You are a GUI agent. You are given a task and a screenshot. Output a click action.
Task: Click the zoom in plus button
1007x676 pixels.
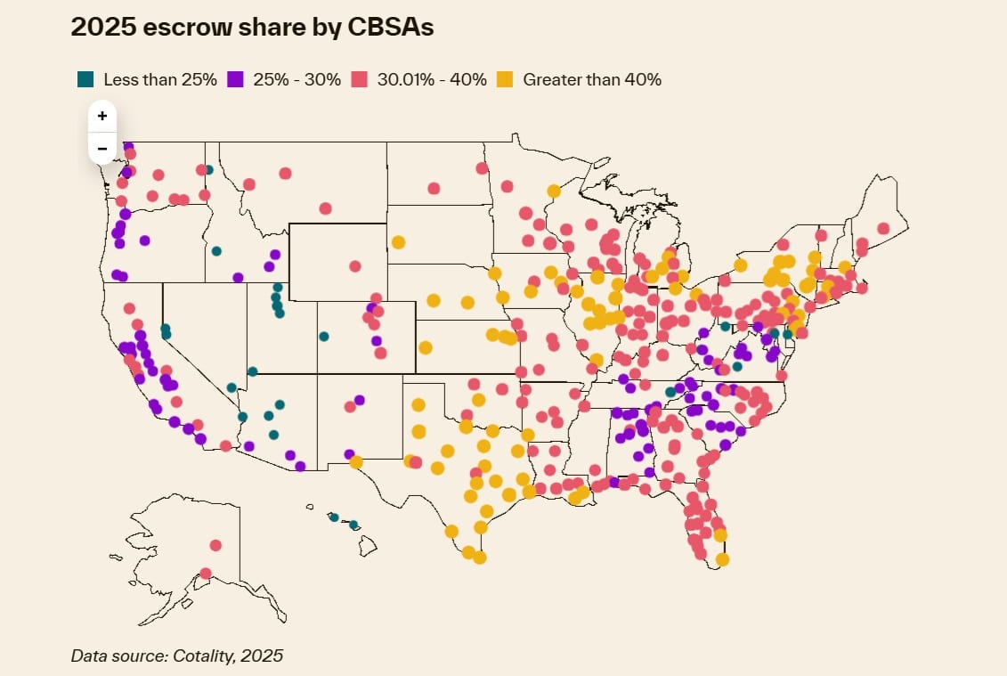pyautogui.click(x=102, y=116)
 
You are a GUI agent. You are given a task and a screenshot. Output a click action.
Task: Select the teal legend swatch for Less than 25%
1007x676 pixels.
pyautogui.click(x=85, y=79)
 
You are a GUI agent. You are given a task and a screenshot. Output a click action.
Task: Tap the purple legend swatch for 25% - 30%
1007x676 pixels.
pyautogui.click(x=236, y=79)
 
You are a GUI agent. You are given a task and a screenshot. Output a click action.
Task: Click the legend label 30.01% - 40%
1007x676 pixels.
pyautogui.click(x=432, y=79)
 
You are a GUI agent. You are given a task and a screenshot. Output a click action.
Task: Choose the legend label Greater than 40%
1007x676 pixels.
pyautogui.click(x=592, y=79)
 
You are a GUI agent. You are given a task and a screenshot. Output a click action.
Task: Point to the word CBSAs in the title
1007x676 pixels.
pyautogui.click(x=388, y=28)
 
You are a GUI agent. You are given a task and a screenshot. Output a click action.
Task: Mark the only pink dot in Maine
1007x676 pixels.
pyautogui.click(x=883, y=228)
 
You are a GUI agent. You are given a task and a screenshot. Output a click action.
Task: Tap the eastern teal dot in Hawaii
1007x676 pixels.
pyautogui.click(x=353, y=525)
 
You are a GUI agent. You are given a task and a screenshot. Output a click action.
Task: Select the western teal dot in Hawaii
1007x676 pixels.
pyautogui.click(x=334, y=517)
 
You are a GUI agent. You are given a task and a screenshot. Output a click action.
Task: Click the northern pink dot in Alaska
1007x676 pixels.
pyautogui.click(x=215, y=545)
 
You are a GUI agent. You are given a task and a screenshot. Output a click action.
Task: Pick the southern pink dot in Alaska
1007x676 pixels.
pyautogui.click(x=206, y=574)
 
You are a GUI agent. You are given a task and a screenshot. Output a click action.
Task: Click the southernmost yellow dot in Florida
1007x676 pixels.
pyautogui.click(x=722, y=559)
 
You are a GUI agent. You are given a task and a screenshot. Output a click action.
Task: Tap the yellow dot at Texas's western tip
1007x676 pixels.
pyautogui.click(x=356, y=462)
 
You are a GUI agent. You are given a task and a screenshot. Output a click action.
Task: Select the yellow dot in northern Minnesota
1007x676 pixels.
pyautogui.click(x=553, y=191)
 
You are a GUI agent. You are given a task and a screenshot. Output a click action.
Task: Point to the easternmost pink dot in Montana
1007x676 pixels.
pyautogui.click(x=326, y=208)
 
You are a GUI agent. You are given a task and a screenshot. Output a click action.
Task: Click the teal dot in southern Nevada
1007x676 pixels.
pyautogui.click(x=231, y=387)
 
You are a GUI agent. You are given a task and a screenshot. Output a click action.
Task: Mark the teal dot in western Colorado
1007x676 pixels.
pyautogui.click(x=324, y=337)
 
